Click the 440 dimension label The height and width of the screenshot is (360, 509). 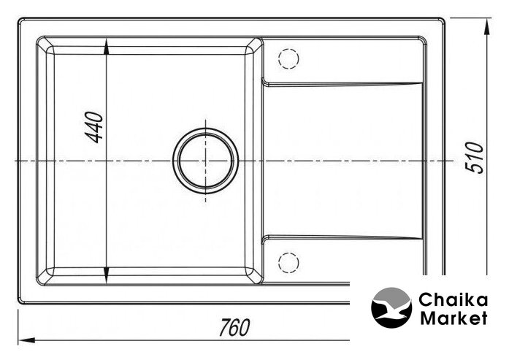point(94,127)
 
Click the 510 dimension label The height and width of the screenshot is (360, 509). point(475,158)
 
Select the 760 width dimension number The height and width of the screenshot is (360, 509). point(234,327)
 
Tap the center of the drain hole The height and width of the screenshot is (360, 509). point(205,161)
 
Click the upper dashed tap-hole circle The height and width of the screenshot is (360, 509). point(288,58)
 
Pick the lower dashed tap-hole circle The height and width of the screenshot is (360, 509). point(288,262)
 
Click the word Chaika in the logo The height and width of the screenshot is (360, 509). point(453,300)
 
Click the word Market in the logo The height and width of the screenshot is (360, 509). point(453,318)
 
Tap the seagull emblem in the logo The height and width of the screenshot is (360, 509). point(392,307)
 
